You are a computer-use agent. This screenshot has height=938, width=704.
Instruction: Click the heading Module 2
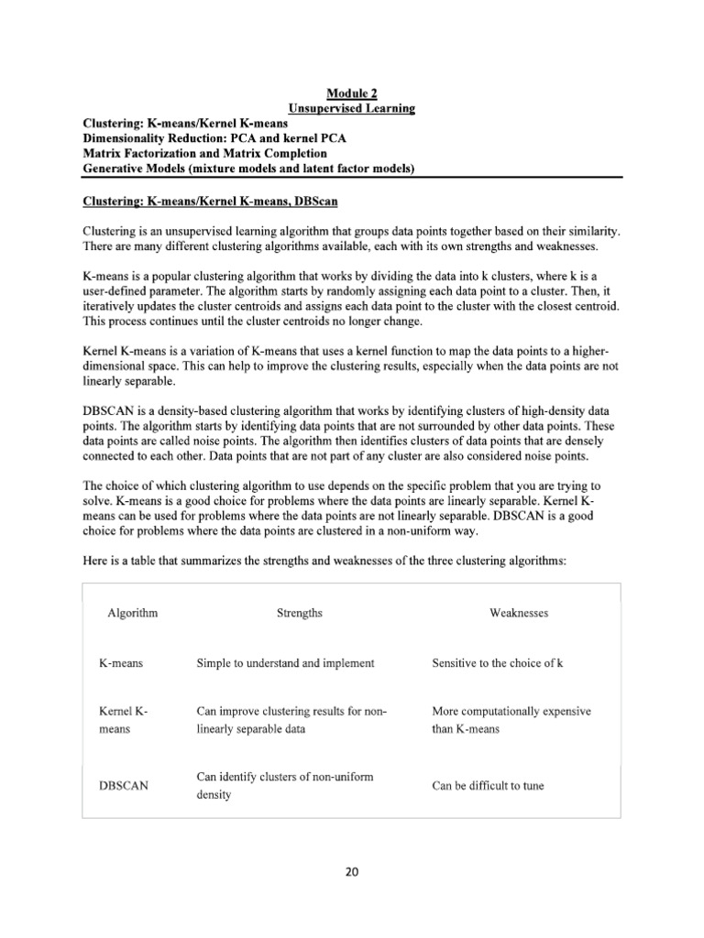[352, 93]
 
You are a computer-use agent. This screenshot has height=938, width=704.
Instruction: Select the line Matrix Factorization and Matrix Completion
[204, 154]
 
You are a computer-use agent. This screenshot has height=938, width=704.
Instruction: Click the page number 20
[352, 871]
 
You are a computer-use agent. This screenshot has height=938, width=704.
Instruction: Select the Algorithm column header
[133, 613]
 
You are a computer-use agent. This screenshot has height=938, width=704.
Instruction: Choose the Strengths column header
[300, 613]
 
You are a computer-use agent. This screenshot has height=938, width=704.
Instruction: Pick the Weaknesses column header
[519, 613]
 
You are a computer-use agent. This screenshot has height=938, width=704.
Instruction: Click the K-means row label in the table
[121, 662]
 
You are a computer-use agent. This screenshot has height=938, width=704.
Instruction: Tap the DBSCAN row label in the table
[124, 786]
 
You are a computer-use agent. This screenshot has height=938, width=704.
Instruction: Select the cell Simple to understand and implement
[285, 662]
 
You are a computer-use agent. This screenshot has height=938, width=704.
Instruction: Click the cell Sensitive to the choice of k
[497, 662]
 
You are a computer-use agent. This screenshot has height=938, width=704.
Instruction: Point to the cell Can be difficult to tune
[488, 786]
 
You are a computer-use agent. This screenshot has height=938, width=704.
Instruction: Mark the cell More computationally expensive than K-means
[511, 720]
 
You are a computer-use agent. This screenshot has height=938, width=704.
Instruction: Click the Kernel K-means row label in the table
[123, 720]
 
